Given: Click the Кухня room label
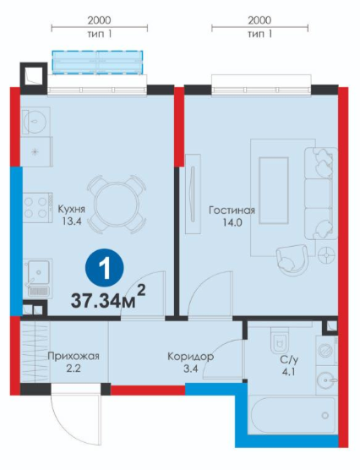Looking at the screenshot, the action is pyautogui.click(x=72, y=209).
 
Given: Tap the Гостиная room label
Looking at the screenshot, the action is pyautogui.click(x=232, y=210).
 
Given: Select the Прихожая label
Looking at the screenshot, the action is pyautogui.click(x=74, y=357).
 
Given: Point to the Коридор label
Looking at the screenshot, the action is pyautogui.click(x=191, y=357).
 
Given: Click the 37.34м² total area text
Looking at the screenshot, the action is pyautogui.click(x=108, y=300).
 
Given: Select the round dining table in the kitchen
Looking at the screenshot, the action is pyautogui.click(x=117, y=205).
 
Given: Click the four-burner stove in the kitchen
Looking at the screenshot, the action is pyautogui.click(x=38, y=207).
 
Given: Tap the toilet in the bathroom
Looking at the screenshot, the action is pyautogui.click(x=280, y=340).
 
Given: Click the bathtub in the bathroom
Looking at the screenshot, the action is pyautogui.click(x=292, y=415).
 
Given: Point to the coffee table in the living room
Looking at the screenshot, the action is pyautogui.click(x=273, y=190).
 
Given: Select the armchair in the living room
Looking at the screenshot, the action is pyautogui.click(x=292, y=259).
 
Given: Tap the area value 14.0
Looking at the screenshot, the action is pyautogui.click(x=232, y=222).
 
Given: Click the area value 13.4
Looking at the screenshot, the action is pyautogui.click(x=72, y=221).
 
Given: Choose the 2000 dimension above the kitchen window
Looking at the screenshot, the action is pyautogui.click(x=99, y=20).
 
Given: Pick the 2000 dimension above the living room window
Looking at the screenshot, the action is pyautogui.click(x=259, y=20).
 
